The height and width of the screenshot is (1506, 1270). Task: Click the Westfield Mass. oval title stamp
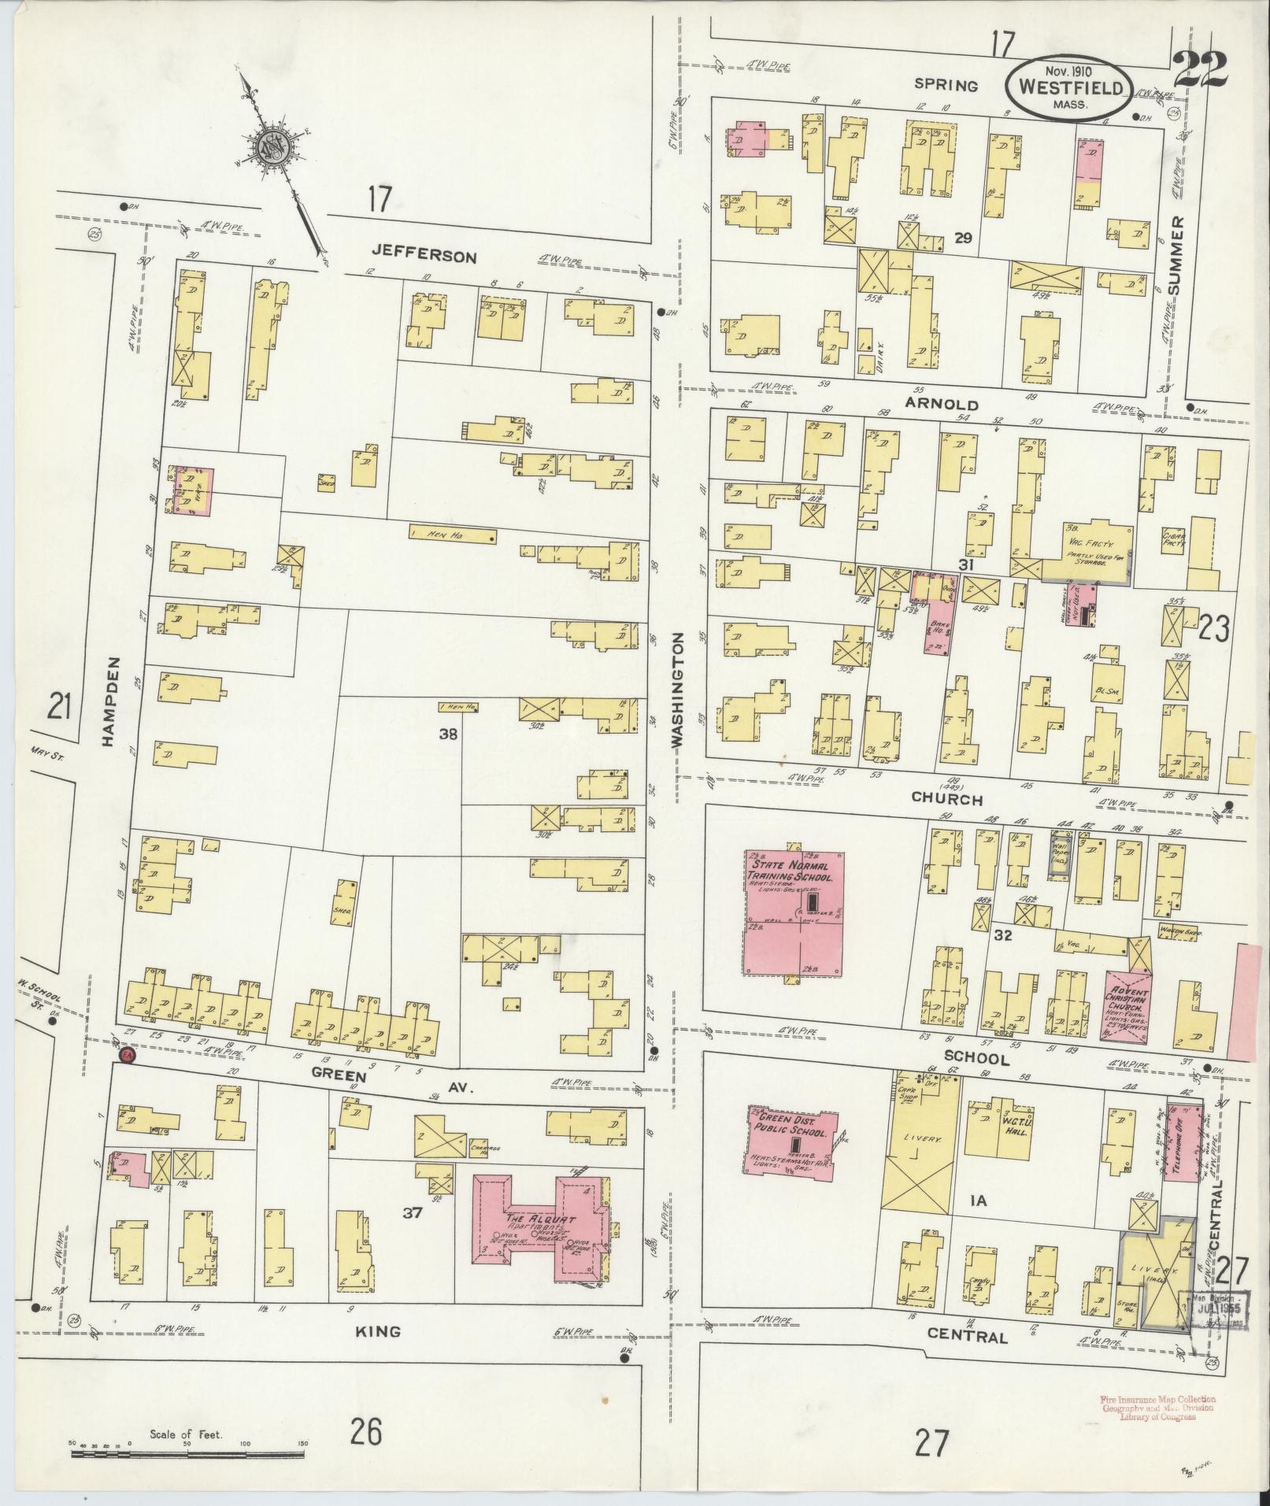click(x=1068, y=87)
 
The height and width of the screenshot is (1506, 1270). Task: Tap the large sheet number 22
click(x=1199, y=70)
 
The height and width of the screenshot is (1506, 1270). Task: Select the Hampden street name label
click(x=110, y=703)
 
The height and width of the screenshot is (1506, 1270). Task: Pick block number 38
click(x=448, y=734)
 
